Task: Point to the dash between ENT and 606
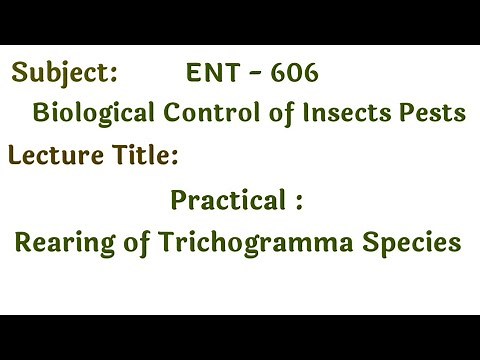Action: (254, 74)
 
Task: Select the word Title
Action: (144, 156)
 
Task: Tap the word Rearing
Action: (63, 242)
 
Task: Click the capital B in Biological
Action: (41, 113)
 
